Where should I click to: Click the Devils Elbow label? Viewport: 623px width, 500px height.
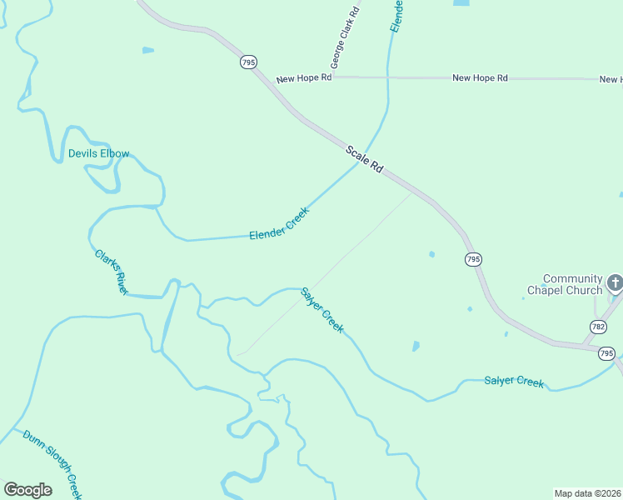pos(98,154)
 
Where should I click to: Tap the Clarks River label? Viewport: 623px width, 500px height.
pos(111,272)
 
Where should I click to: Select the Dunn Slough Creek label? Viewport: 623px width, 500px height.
pos(52,464)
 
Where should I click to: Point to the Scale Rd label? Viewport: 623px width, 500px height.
pos(365,158)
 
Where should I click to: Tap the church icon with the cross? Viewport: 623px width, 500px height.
pos(615,283)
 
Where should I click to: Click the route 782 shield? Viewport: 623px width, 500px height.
pos(597,326)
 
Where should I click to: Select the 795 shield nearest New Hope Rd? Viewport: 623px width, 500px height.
pos(248,62)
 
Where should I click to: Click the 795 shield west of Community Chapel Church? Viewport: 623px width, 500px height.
pos(473,260)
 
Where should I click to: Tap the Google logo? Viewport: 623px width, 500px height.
pos(27,490)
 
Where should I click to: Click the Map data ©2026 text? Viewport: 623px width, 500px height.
pos(587,492)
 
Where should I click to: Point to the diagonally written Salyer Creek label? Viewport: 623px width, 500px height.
pos(322,310)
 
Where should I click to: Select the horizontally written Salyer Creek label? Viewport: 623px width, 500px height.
pos(514,382)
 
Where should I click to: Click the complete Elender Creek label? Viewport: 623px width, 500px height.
pos(279,224)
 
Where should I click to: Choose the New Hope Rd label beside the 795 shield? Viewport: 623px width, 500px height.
pos(304,77)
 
